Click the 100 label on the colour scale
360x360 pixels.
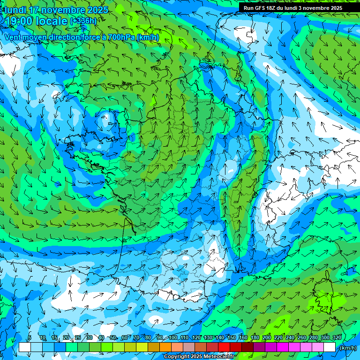pyautogui.click(x=173, y=337)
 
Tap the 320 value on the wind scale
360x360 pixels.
pyautogui.click(x=337, y=337)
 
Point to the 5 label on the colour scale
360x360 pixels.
pyautogui.click(x=30, y=337)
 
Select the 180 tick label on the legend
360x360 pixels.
pyautogui.click(x=255, y=337)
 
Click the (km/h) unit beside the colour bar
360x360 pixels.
pyautogui.click(x=347, y=348)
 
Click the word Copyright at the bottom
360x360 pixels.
pyautogui.click(x=176, y=357)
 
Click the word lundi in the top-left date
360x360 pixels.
pyautogui.click(x=15, y=10)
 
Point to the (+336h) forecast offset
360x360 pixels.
pyautogui.click(x=83, y=21)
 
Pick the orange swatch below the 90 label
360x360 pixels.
pyautogui.click(x=165, y=347)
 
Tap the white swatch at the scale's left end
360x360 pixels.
pyautogui.click(x=24, y=347)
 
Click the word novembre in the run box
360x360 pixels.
pyautogui.click(x=317, y=8)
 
